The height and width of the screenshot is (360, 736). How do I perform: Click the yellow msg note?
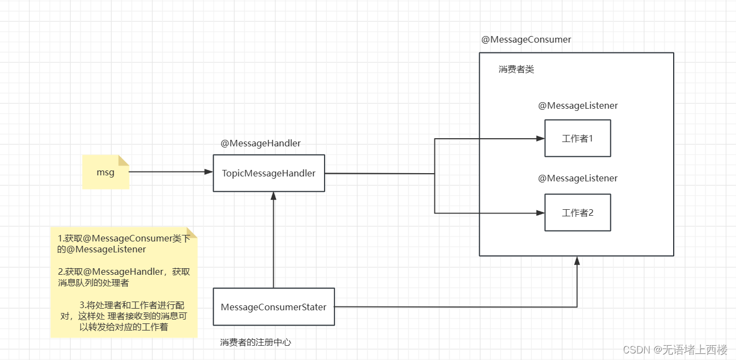[x=105, y=172]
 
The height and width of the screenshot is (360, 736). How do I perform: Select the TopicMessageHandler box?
[x=269, y=173]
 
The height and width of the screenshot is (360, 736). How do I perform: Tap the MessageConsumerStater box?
[x=273, y=307]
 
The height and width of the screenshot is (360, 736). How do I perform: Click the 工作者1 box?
[x=578, y=138]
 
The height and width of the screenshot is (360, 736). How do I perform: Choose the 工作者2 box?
[x=578, y=213]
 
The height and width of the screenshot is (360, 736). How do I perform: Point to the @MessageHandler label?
[x=261, y=143]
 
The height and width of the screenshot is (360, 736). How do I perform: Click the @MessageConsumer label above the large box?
[x=526, y=39]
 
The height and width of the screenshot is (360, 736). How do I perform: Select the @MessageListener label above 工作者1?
[x=578, y=105]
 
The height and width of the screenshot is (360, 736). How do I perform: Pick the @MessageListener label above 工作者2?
[x=578, y=178]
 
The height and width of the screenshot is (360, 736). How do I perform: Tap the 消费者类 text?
[x=516, y=69]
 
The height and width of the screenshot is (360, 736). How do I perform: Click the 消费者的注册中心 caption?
[x=256, y=343]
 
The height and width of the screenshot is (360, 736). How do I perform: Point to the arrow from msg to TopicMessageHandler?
[x=169, y=172]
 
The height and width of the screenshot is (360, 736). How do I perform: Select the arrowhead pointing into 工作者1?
[x=540, y=139]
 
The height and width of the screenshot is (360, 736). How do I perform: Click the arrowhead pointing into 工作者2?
[x=540, y=213]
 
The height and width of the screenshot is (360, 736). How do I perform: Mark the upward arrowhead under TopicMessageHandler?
[x=274, y=196]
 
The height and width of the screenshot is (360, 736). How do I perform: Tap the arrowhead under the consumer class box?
[x=577, y=260]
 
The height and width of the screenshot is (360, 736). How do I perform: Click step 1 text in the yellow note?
[x=123, y=244]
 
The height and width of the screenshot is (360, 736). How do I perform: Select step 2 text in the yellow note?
[x=123, y=277]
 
